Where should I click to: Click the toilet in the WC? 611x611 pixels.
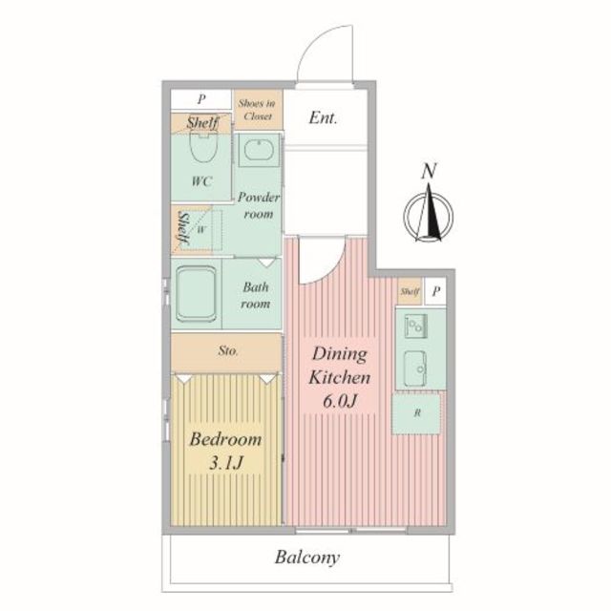pos(203,146)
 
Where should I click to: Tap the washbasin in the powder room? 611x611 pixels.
pos(259,151)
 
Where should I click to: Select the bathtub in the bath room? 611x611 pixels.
pos(197,294)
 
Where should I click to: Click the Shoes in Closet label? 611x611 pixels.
pos(257,110)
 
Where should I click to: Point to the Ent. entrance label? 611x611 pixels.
pos(323,117)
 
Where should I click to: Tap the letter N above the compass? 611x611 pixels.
pos(429,171)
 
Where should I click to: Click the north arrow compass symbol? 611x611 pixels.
pos(429,214)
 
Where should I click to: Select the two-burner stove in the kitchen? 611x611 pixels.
pos(415,326)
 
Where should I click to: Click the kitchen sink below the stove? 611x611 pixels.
pos(415,369)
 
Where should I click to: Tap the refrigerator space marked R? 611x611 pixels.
pos(416,413)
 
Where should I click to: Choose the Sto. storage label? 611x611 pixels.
pos(228,350)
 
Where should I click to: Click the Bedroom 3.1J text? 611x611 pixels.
pos(226,451)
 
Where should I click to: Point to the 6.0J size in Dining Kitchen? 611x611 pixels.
pos(340,401)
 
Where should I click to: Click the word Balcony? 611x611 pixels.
pos(307,558)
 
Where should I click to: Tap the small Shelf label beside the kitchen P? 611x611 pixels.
pos(410,291)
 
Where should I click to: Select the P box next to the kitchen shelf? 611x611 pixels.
pos(435,291)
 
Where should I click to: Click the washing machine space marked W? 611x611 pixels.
pos(201,229)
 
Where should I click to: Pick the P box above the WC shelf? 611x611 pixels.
pos(201,99)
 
